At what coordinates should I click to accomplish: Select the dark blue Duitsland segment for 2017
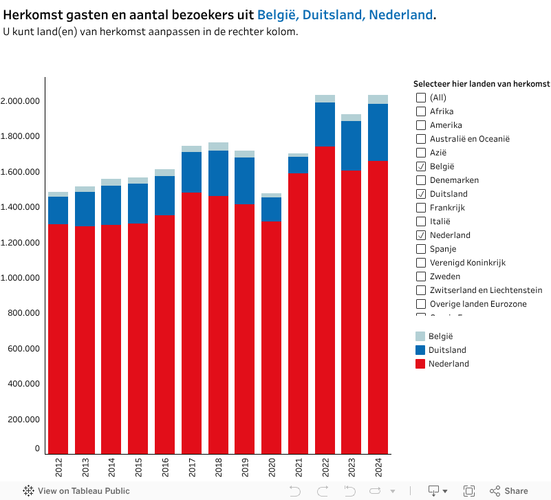click(x=191, y=172)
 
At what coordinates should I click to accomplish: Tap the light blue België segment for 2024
click(x=378, y=99)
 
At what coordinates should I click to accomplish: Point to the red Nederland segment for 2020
click(x=271, y=337)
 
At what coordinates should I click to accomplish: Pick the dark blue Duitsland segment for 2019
click(x=244, y=181)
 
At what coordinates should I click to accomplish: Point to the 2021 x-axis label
click(x=298, y=469)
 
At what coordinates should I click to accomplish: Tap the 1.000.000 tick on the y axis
click(x=21, y=278)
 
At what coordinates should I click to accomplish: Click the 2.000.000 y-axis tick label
click(x=21, y=101)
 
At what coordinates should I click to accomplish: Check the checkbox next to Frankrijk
click(x=421, y=208)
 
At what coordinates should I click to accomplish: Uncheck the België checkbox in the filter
click(x=421, y=166)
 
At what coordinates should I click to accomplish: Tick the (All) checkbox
click(x=421, y=98)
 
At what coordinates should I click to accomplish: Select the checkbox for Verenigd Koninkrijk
click(x=421, y=263)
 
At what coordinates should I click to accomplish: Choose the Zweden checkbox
click(x=421, y=276)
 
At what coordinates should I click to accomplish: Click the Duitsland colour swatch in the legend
click(x=420, y=350)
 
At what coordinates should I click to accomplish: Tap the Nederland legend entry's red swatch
click(x=420, y=364)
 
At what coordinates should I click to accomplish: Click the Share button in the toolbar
click(x=509, y=491)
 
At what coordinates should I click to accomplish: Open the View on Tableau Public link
click(x=76, y=491)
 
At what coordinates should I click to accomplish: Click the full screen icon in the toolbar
click(x=469, y=491)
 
